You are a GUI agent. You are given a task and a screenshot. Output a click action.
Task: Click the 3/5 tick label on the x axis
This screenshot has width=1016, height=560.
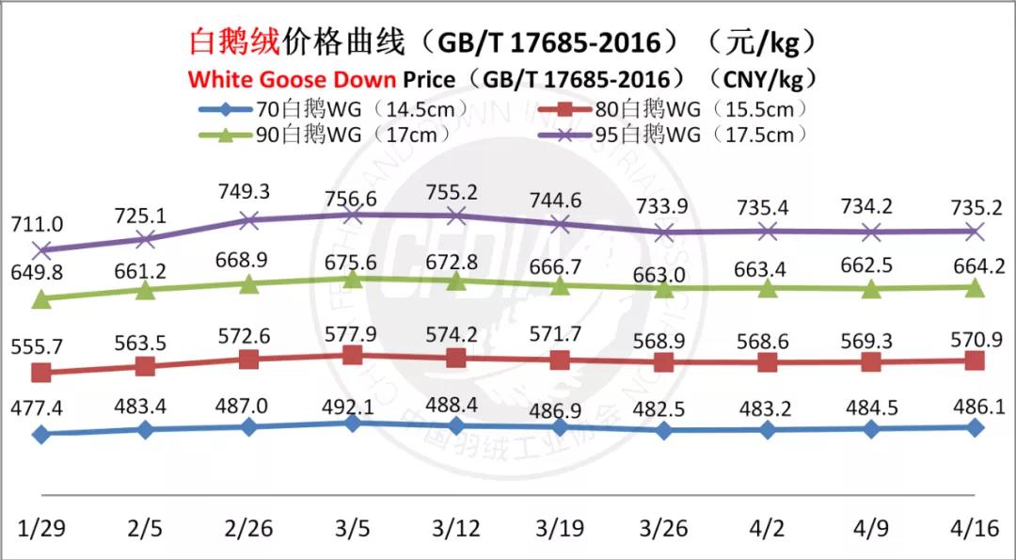click(x=353, y=527)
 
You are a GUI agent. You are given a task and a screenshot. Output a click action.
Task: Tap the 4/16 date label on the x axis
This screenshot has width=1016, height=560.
click(x=976, y=527)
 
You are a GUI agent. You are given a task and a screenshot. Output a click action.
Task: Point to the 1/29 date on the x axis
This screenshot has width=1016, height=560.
click(x=40, y=527)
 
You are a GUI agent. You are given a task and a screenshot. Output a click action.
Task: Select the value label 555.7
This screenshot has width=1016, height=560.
click(x=38, y=346)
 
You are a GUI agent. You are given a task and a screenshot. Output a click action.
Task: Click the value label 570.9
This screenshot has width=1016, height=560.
click(x=976, y=336)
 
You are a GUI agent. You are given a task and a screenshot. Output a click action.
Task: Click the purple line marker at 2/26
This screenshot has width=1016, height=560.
click(x=249, y=220)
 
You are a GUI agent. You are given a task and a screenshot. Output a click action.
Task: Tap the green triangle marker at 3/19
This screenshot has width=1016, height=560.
click(x=560, y=285)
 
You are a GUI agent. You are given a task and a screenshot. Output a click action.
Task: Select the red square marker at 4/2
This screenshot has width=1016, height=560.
click(x=768, y=362)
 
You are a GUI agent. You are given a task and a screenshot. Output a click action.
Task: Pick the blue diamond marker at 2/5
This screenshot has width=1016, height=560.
click(x=145, y=429)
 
